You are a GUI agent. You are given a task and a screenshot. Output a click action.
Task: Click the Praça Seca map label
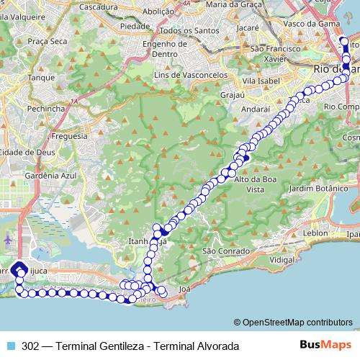(x=48, y=42)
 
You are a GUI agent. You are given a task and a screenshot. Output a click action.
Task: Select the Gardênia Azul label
(x=50, y=175)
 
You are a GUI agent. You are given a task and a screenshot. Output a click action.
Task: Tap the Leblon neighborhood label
(x=315, y=234)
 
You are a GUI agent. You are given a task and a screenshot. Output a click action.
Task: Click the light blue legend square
(x=9, y=346)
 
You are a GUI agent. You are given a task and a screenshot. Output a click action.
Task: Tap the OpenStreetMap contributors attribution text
(x=297, y=322)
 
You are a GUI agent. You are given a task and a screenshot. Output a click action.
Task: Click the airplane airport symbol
(x=8, y=239)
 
